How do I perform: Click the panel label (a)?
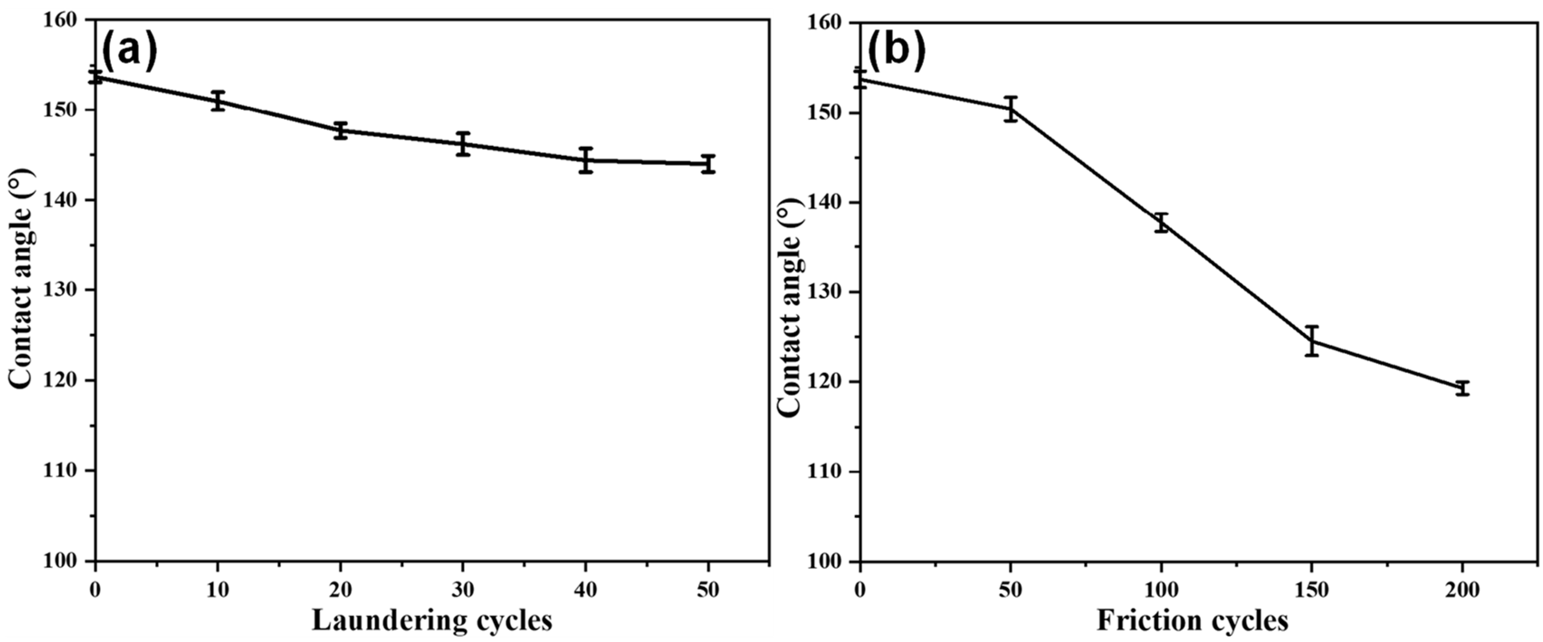tap(129, 51)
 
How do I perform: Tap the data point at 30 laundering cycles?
tap(463, 144)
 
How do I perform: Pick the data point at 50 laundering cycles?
tap(709, 163)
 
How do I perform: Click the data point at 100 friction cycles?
tap(1161, 222)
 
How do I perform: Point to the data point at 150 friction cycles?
tap(1312, 341)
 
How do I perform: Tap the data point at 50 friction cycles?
tap(1011, 109)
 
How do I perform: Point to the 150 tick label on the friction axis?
tap(1312, 590)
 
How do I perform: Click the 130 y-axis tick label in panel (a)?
tap(64, 290)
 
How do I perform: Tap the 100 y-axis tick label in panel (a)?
tap(64, 561)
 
